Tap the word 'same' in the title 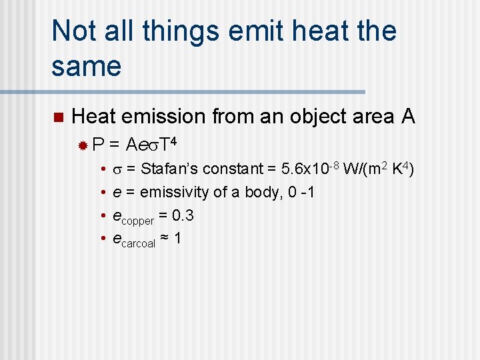pyautogui.click(x=86, y=66)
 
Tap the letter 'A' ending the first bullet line pyautogui.click(x=408, y=117)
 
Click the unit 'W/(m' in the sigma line pyautogui.click(x=359, y=169)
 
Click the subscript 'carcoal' pyautogui.click(x=138, y=243)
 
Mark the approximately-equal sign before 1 pyautogui.click(x=165, y=239)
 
